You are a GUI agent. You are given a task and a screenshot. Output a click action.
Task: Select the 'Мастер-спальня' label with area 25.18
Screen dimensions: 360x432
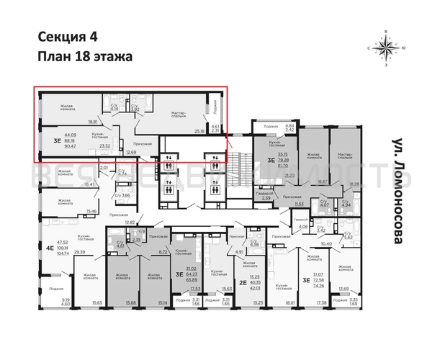[179, 114]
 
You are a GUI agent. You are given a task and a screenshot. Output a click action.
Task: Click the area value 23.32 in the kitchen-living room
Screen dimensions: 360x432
[104, 146]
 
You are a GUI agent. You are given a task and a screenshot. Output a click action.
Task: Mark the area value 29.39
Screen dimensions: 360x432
[80, 252]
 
